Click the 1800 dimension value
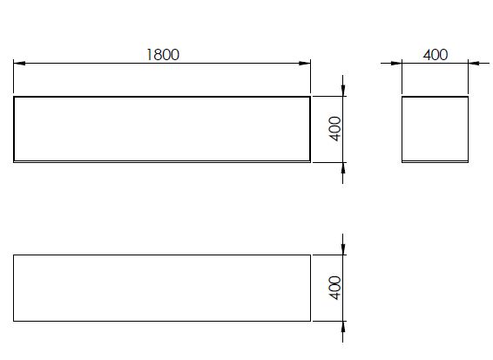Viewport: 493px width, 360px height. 163,55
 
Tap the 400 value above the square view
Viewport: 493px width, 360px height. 436,55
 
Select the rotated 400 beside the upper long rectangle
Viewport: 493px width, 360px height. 334,129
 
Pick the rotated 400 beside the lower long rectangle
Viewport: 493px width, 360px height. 334,288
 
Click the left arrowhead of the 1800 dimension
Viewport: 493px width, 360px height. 19,63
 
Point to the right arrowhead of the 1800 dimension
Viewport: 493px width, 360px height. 305,63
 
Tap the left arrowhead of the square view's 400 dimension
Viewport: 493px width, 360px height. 396,63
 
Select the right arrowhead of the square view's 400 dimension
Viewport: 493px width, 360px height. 474,63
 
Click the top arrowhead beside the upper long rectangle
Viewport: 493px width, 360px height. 343,91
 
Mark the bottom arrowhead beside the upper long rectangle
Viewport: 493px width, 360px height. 343,168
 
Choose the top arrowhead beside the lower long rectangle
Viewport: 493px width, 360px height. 343,249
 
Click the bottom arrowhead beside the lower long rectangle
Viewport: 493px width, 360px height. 343,327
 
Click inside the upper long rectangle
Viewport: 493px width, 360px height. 162,129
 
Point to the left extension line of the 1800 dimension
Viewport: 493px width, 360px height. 14,76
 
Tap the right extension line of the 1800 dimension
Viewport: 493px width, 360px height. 310,76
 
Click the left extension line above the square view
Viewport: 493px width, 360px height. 402,76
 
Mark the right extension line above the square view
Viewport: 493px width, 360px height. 468,76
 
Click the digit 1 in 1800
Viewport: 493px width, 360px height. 149,55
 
